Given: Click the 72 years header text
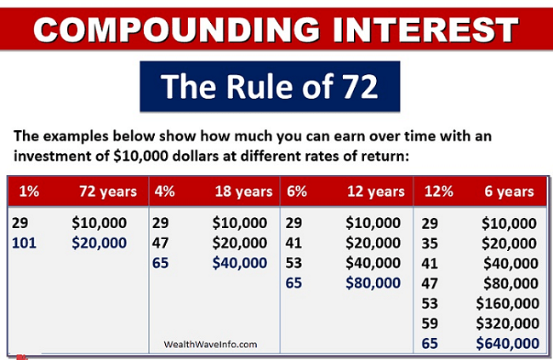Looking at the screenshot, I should pos(107,191).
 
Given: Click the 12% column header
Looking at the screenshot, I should pos(433,191).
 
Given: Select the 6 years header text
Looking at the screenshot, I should pos(510,191).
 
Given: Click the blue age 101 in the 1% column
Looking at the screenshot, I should pos(24,243).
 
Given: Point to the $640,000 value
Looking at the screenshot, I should pos(507,343).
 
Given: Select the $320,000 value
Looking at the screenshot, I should pos(507,323).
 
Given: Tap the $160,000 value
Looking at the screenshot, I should pos(507,303).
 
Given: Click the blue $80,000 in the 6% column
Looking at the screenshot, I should pos(373,283).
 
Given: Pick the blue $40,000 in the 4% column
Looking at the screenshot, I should pos(241,263).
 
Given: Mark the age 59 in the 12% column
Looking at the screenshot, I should pos(431,323).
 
